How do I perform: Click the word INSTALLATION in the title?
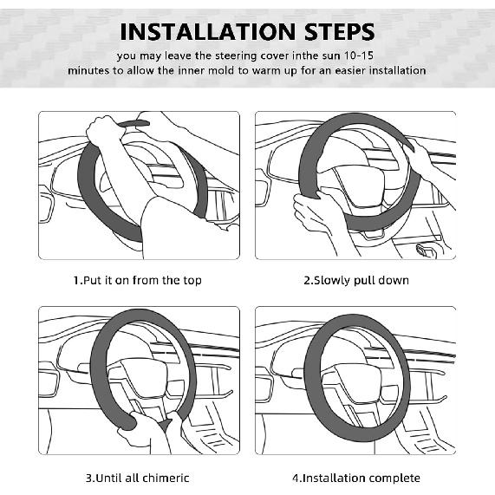[208, 31]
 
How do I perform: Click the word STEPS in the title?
[340, 31]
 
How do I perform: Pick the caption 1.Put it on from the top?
[138, 280]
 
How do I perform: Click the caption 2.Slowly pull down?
[356, 280]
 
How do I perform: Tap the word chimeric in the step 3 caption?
[166, 478]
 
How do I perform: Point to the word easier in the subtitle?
[349, 70]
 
